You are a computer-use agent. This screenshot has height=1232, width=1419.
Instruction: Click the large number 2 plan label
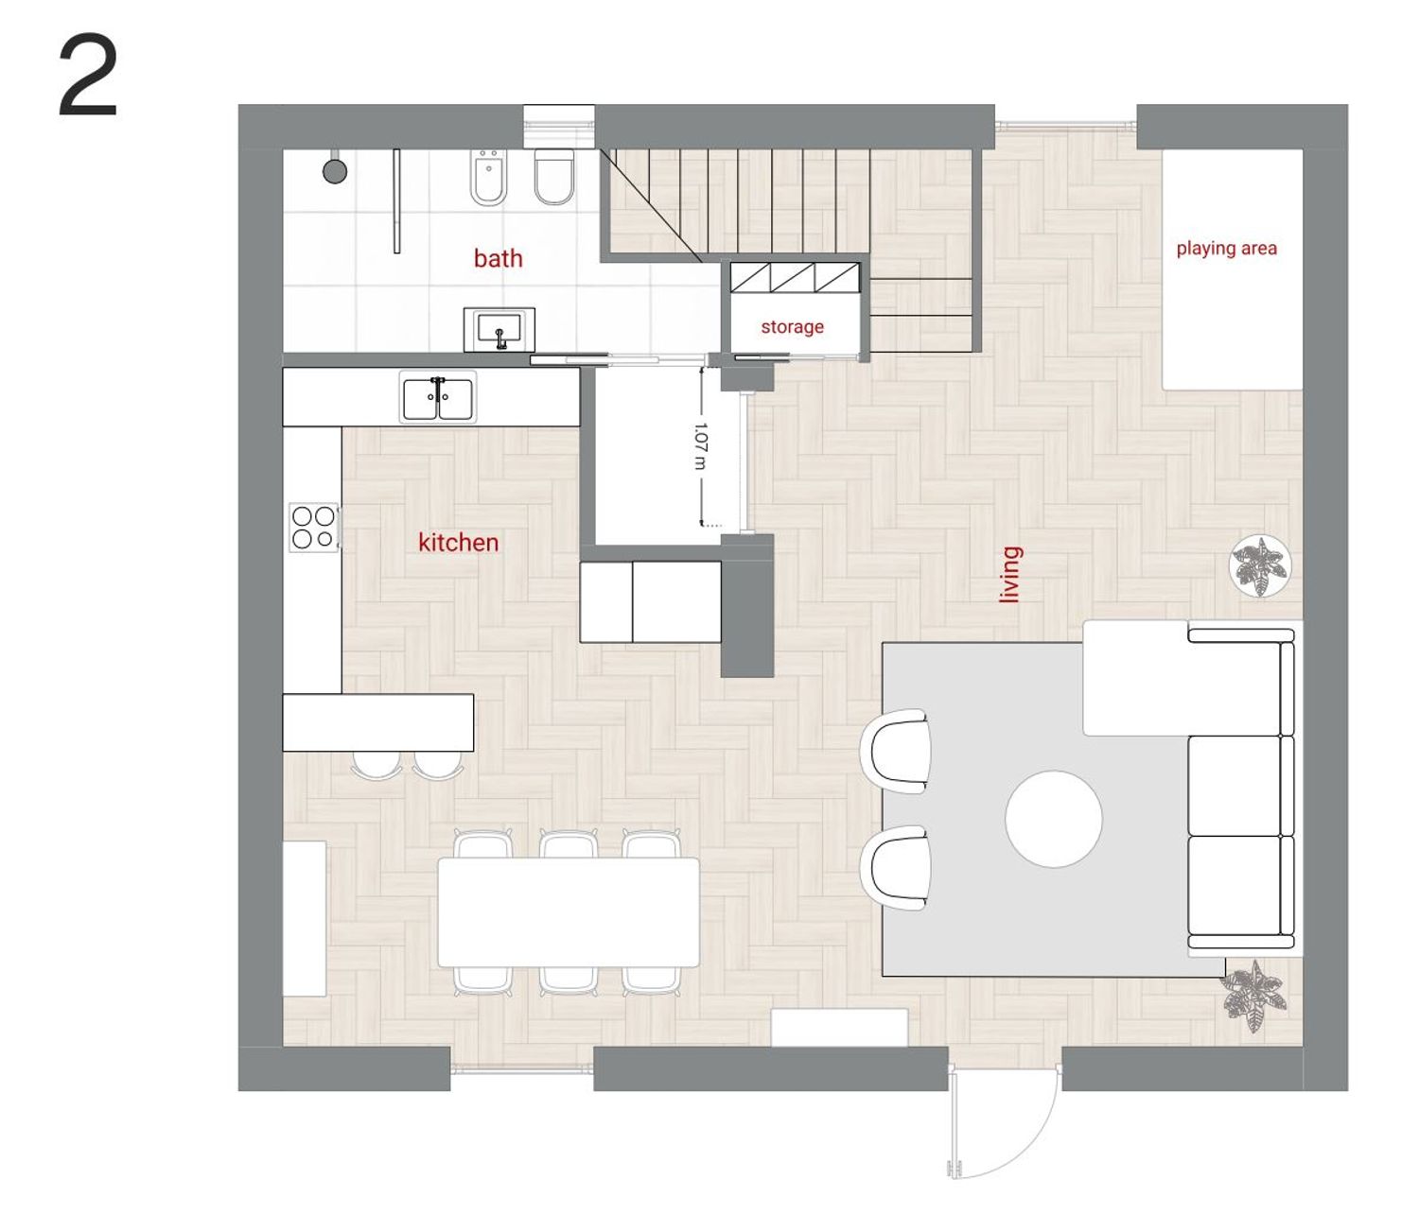click(88, 78)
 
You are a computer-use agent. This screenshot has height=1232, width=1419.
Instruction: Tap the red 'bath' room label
click(498, 258)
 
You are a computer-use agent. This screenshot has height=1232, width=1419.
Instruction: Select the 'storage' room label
click(792, 327)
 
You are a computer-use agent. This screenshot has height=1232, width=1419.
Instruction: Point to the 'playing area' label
click(1226, 248)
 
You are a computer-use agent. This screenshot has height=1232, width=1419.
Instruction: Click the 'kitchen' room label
click(458, 543)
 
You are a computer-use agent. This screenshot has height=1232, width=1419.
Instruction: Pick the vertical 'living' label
click(1010, 575)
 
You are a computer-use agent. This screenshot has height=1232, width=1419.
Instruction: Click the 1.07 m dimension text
click(700, 445)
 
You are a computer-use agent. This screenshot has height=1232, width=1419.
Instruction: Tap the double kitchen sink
click(438, 398)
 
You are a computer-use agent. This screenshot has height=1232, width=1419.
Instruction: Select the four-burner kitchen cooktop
click(314, 528)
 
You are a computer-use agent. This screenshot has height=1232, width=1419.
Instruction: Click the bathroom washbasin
click(499, 330)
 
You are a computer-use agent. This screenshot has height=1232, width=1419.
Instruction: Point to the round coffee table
click(1054, 818)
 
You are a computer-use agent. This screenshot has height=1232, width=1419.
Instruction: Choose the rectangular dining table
click(569, 911)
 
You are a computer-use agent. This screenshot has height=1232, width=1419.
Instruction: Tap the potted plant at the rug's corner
click(1253, 995)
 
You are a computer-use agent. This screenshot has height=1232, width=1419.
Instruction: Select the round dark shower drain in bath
click(335, 170)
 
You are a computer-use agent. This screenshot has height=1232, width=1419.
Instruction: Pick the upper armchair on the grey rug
click(895, 751)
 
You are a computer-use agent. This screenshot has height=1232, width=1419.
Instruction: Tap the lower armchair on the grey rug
click(895, 868)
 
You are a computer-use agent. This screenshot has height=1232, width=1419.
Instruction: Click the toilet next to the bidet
click(554, 177)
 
